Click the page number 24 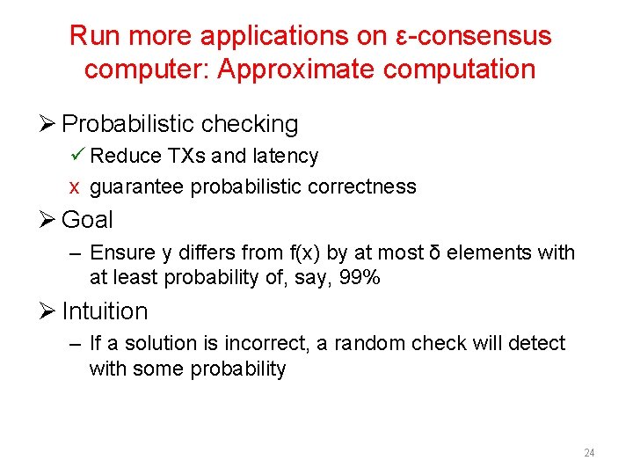tap(589, 453)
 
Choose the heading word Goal tap(87, 219)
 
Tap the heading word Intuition tap(105, 311)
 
